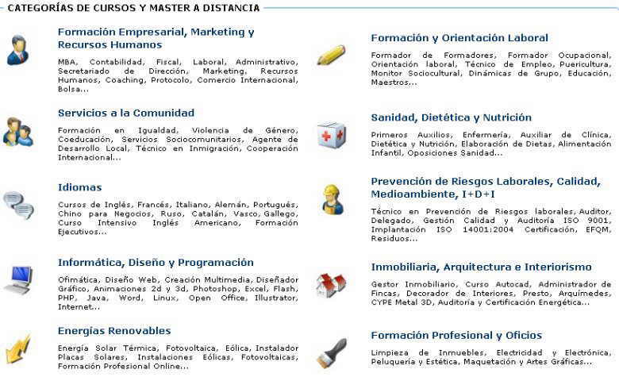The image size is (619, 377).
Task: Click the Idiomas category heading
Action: (x=79, y=187)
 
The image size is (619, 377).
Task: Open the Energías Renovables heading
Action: (x=114, y=331)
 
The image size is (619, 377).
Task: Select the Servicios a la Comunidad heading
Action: (x=126, y=113)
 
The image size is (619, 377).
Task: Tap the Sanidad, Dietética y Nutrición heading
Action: (x=452, y=117)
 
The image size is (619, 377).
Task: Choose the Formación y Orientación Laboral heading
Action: (x=459, y=38)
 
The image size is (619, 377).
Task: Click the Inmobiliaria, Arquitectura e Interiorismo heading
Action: (x=481, y=267)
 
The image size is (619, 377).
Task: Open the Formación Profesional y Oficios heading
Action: (x=456, y=336)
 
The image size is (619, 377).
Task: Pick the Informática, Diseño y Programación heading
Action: (x=156, y=263)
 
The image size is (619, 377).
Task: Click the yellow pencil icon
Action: (x=331, y=56)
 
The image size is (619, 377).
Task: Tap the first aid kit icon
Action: (x=332, y=136)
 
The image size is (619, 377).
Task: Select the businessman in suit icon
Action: (x=17, y=50)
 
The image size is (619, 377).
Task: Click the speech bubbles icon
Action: (x=18, y=205)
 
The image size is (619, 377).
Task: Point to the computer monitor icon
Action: (x=18, y=280)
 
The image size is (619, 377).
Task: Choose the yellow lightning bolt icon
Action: (x=18, y=349)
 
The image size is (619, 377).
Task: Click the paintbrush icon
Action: (x=332, y=353)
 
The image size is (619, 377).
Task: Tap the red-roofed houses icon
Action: (x=331, y=286)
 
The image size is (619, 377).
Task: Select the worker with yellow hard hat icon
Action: (x=332, y=200)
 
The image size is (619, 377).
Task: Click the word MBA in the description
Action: (x=67, y=62)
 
